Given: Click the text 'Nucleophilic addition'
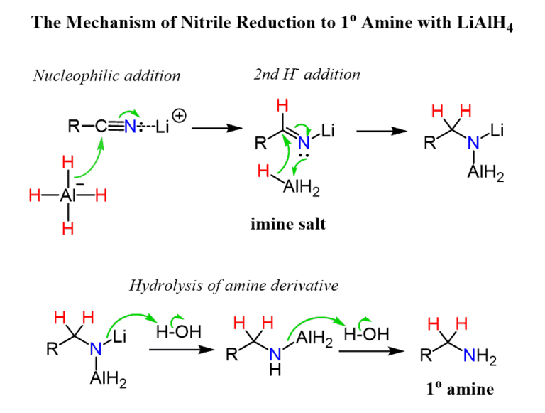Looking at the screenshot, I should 106,75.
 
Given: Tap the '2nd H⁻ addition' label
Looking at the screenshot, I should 307,74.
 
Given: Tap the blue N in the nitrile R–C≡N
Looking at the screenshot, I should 129,128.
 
